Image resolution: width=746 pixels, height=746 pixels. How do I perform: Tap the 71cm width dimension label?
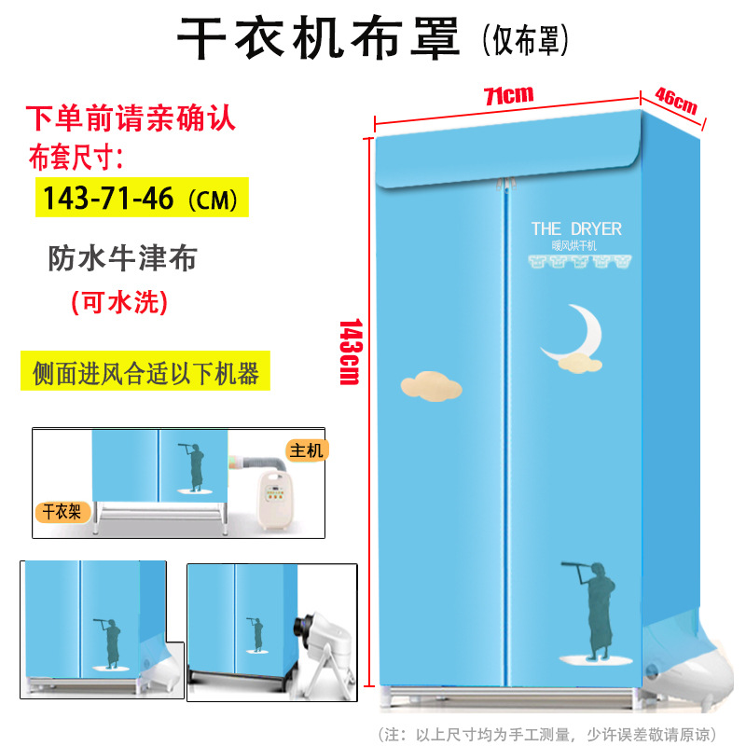507,94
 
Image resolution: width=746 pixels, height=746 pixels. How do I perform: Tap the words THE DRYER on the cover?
575,228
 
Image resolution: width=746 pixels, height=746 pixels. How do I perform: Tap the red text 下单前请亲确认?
130,119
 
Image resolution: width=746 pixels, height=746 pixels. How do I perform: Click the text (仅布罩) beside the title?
525,41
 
